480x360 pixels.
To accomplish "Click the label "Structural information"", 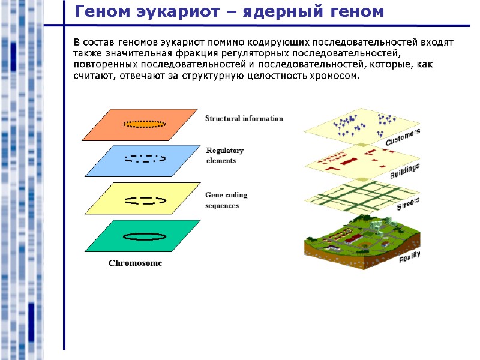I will pos(244,118).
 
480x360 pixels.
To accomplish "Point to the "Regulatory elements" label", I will pos(224,155).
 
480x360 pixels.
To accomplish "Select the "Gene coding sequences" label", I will pos(226,200).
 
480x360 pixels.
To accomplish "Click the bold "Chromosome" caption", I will pos(135,263).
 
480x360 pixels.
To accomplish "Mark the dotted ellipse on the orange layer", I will pos(145,124).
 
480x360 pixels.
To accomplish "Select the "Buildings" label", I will pos(405,171).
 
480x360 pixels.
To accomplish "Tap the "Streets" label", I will pos(408,204).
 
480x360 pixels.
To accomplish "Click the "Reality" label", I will pos(410,257).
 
